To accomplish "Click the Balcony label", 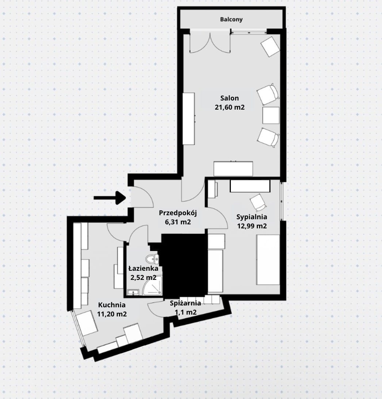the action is point(231,19).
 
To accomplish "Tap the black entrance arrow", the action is point(110,198).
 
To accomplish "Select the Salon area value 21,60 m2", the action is point(230,107).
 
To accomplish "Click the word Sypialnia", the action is point(252,217).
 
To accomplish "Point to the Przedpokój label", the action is point(178,213).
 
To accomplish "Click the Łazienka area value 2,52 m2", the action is point(143,277).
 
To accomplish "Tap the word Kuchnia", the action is point(112,305).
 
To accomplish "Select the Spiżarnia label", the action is point(186,303).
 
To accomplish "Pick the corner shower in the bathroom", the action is point(152,286).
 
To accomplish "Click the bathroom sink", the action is point(133,292).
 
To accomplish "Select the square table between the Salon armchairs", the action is point(271,115).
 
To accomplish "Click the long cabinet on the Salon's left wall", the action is point(189,119).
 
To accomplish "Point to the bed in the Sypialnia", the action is point(268,259).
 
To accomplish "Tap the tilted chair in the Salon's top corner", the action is point(270,46).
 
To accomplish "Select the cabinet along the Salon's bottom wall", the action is point(233,169).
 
